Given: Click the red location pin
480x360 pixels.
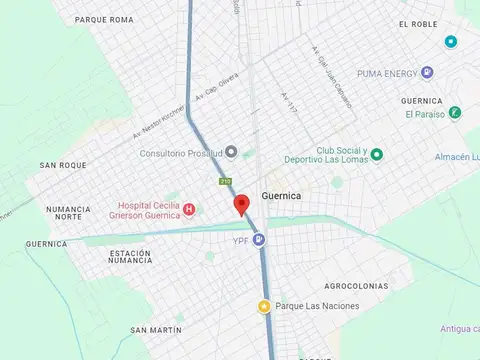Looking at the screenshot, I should [x=240, y=205].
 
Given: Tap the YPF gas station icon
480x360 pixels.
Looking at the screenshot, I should [x=259, y=239].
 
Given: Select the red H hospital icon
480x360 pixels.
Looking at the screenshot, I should [x=188, y=208].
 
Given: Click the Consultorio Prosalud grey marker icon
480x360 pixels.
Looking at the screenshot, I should [x=231, y=152].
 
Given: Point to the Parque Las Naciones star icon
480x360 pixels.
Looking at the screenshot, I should [x=264, y=306].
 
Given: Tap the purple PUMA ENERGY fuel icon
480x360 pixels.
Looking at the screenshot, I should [x=428, y=72].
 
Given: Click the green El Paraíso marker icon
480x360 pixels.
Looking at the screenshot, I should [x=455, y=113].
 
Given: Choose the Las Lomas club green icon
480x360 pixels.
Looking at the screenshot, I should [x=377, y=154].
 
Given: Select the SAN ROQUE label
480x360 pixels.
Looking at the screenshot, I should [x=63, y=165].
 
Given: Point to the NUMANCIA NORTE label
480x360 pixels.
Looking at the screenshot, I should [x=69, y=213].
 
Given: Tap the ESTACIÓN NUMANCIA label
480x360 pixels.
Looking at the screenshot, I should [x=130, y=257].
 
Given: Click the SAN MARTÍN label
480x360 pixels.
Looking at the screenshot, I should [x=155, y=329].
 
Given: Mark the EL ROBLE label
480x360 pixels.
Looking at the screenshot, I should [x=418, y=24].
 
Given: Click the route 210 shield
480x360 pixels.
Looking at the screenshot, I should [x=225, y=181].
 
